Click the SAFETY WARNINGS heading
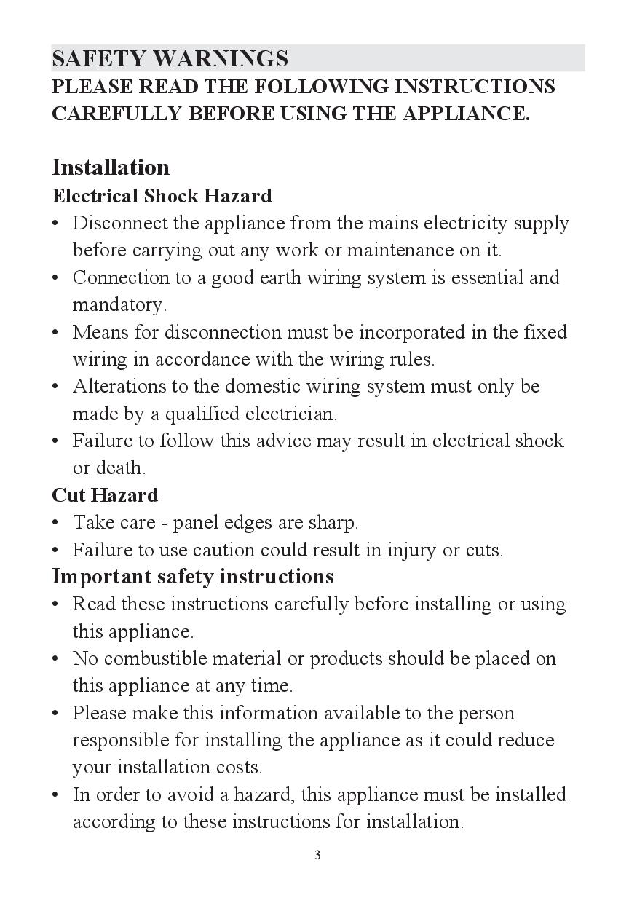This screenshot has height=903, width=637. (170, 58)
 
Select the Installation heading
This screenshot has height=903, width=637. (111, 167)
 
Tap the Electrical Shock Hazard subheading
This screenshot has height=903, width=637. (162, 196)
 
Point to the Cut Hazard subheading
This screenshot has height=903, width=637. (105, 495)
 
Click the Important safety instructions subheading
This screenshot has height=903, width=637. (193, 577)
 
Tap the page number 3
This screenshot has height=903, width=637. (317, 855)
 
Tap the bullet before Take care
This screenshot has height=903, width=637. (56, 523)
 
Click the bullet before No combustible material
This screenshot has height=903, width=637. (56, 658)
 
